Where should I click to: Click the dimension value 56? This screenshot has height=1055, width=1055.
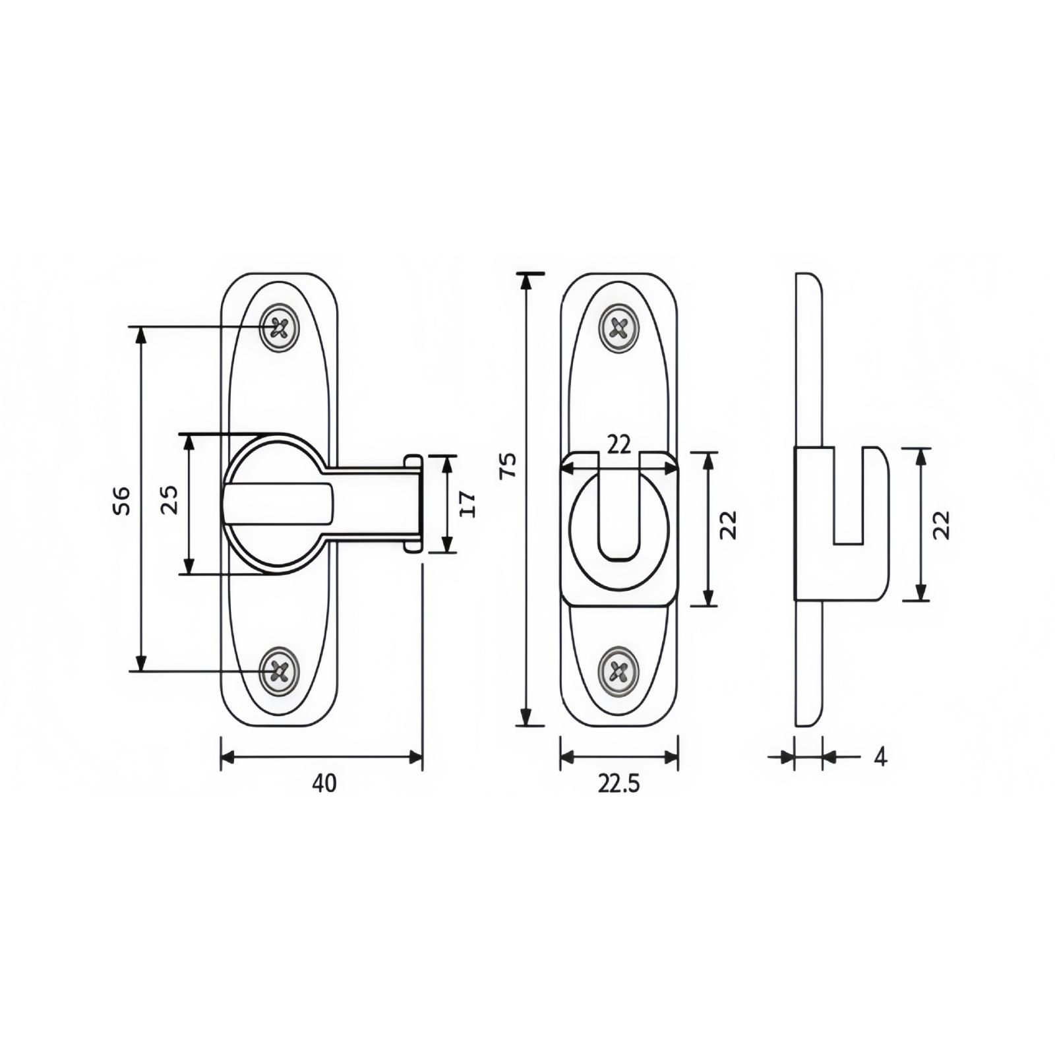(124, 500)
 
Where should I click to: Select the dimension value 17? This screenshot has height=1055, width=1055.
(467, 504)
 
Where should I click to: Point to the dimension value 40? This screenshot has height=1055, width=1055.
(324, 783)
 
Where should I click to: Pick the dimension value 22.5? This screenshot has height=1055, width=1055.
(619, 783)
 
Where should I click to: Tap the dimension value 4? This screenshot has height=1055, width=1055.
(880, 758)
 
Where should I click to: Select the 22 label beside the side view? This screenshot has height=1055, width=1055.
(943, 525)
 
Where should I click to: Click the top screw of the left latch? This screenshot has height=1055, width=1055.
(280, 327)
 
